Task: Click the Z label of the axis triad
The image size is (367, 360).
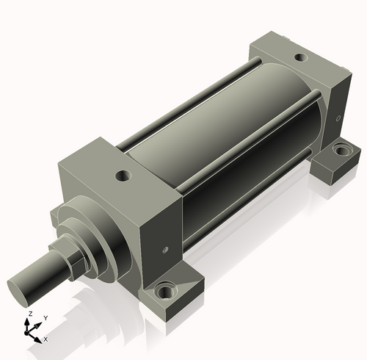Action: (x=30, y=314)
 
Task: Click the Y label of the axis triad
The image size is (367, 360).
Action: (x=46, y=318)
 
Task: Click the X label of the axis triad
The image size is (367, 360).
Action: (x=46, y=339)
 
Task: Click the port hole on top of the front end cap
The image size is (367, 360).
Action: (x=123, y=176)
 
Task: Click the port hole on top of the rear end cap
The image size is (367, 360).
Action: (x=301, y=58)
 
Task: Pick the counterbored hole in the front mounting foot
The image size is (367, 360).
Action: (x=167, y=292)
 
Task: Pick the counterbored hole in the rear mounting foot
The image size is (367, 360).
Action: (x=342, y=150)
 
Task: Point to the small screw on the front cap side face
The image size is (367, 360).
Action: (x=165, y=250)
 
